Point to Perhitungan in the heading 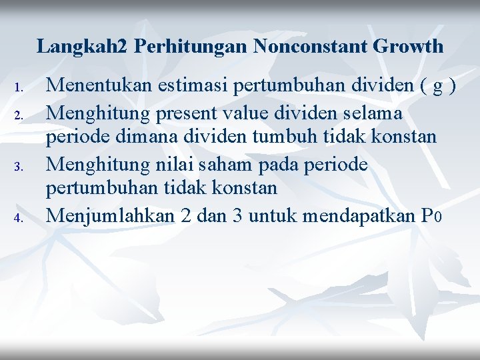pos(191,46)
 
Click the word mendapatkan pos(358,215)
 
